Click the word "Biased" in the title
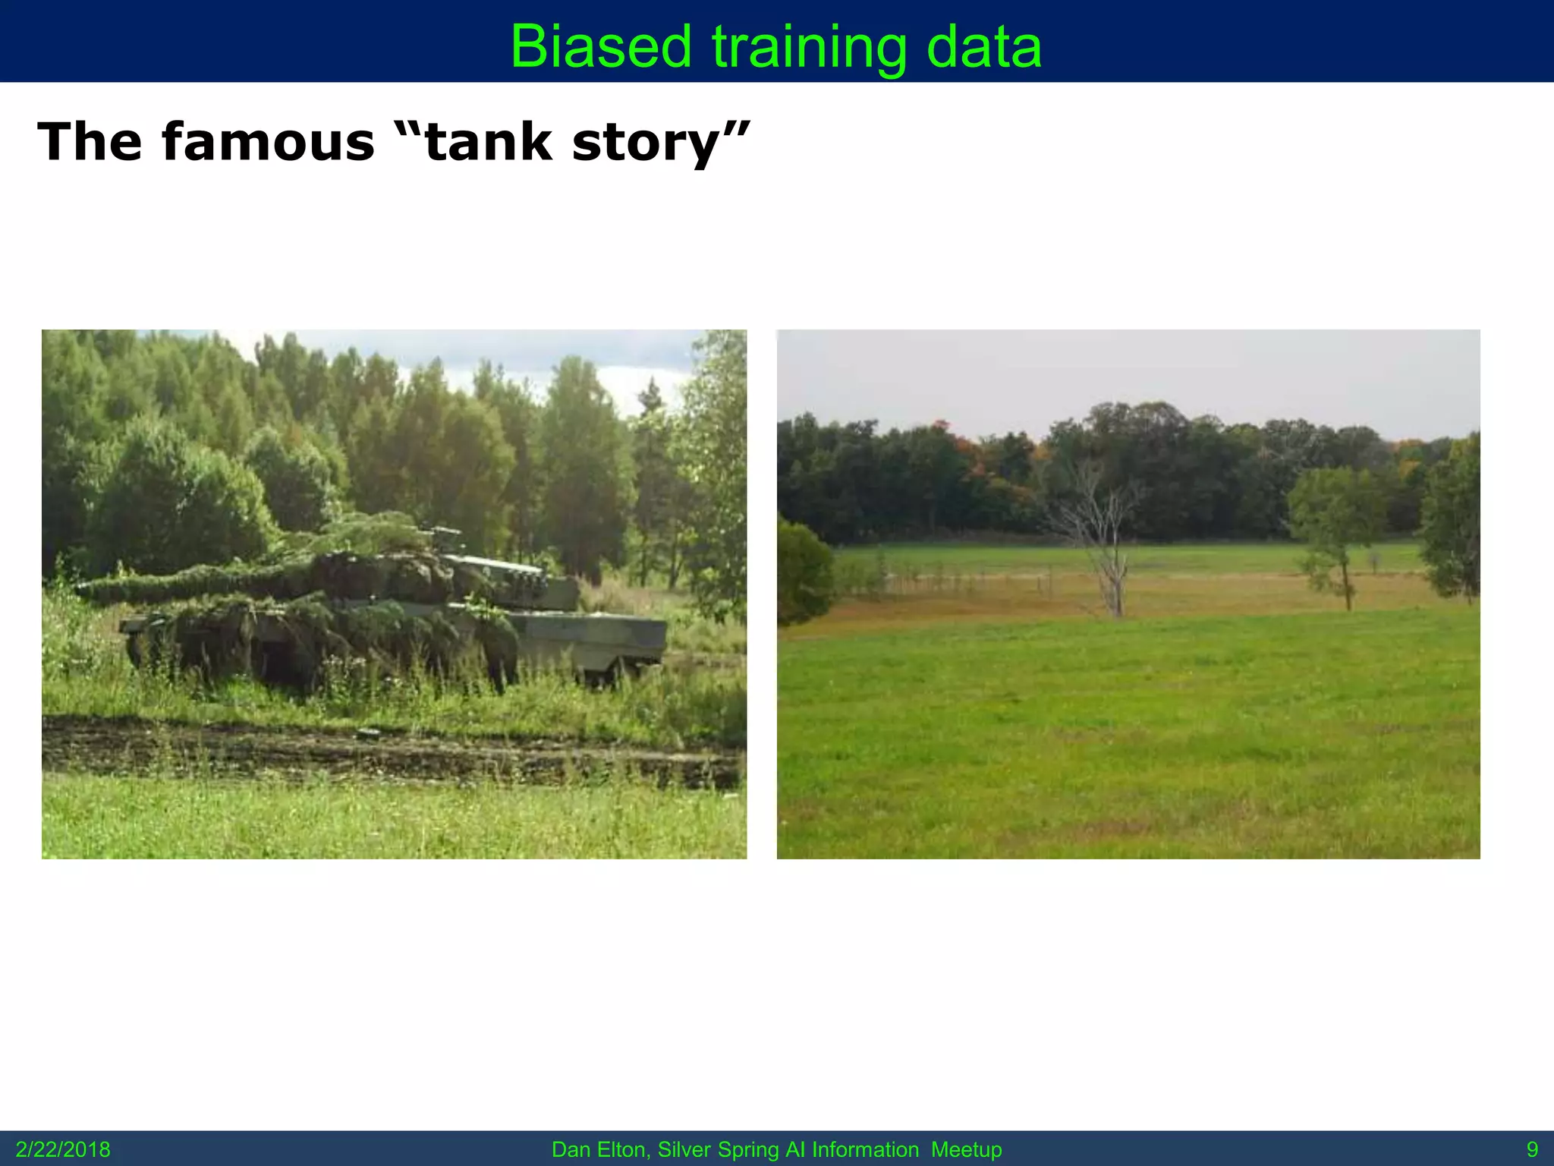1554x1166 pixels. pos(600,47)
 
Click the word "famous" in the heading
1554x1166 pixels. pos(268,142)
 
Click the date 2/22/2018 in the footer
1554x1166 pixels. pos(63,1149)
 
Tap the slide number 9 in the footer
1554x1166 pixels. pos(1532,1149)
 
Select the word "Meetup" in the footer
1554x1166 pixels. pos(966,1149)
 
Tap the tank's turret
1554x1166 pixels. pos(395,569)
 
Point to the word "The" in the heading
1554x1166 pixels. pos(90,142)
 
